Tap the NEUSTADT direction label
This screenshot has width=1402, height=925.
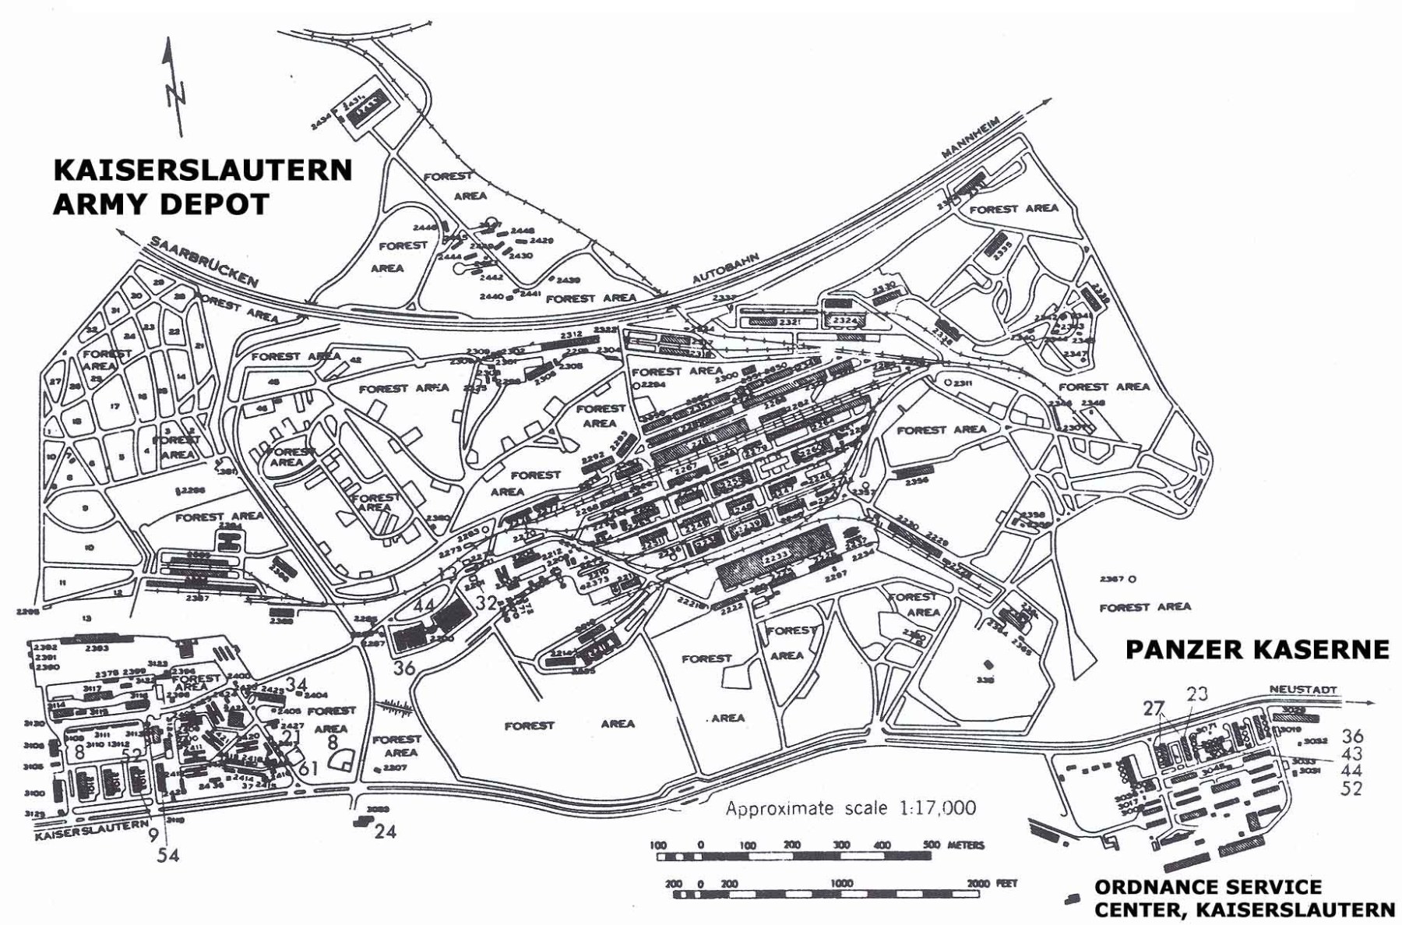(x=1302, y=690)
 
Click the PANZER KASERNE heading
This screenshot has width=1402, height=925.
(x=1257, y=650)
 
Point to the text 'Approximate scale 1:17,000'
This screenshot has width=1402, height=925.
(x=850, y=808)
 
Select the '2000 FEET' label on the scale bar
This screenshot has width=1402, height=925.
(x=991, y=884)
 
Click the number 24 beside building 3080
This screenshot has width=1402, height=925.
(x=385, y=831)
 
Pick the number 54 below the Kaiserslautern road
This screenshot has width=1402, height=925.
(x=168, y=855)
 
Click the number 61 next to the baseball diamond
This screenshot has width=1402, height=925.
(x=308, y=768)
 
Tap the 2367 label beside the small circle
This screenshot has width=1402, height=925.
(x=1111, y=579)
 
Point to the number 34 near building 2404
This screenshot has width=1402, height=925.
(x=297, y=684)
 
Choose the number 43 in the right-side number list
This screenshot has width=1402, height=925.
(x=1351, y=754)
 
